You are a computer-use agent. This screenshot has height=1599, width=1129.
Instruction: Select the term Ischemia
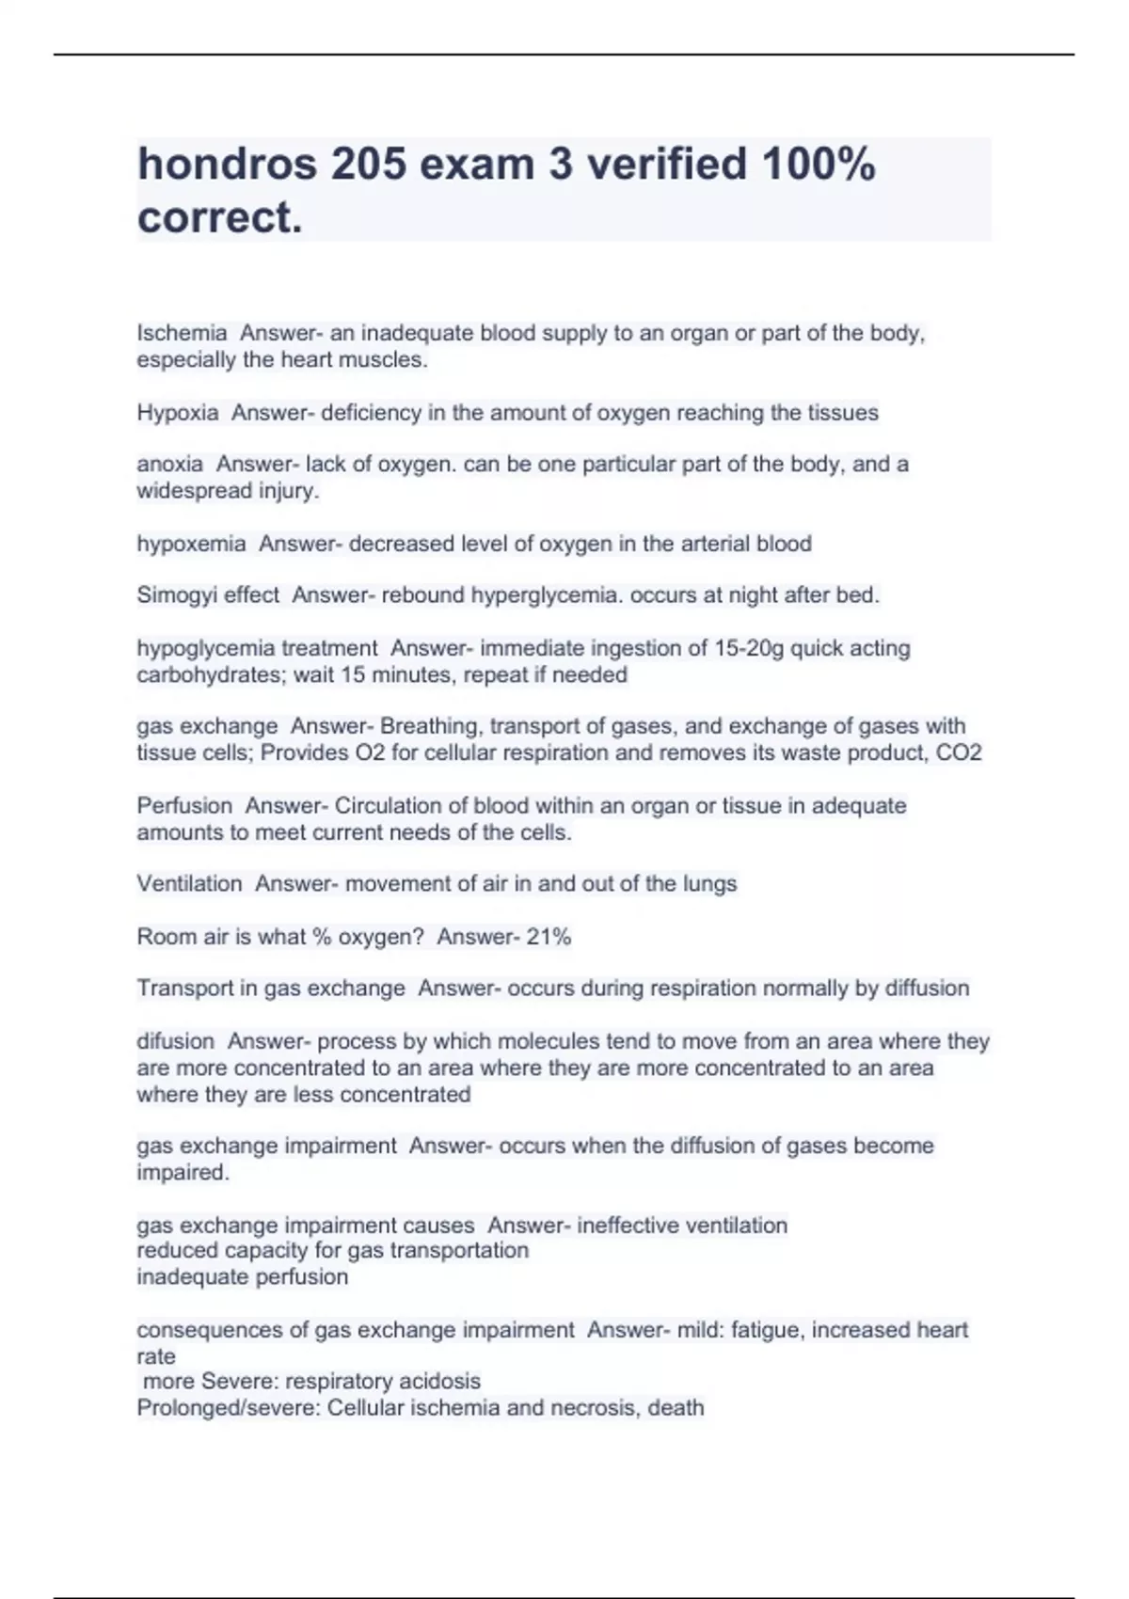(182, 333)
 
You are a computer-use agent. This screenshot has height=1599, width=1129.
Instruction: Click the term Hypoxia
(178, 413)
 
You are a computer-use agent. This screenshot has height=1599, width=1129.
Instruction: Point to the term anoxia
(169, 464)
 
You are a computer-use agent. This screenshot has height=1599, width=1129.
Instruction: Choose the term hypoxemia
(191, 544)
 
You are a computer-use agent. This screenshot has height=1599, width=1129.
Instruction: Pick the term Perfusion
(184, 806)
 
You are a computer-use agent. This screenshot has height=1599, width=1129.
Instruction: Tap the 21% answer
(549, 937)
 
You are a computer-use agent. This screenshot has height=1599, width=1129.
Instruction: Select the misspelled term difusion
(175, 1041)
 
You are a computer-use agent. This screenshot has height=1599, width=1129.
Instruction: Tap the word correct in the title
(219, 217)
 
